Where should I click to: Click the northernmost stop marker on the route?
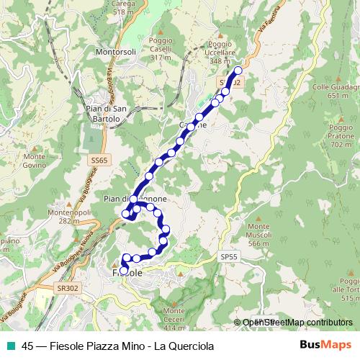pos(238,70)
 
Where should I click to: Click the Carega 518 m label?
pos(124,9)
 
